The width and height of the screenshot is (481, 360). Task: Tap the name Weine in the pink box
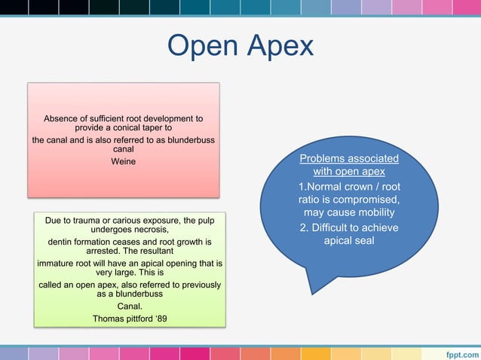[123, 161]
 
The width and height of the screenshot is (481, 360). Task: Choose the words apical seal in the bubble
[349, 241]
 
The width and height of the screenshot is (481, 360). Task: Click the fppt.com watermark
[460, 352]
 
